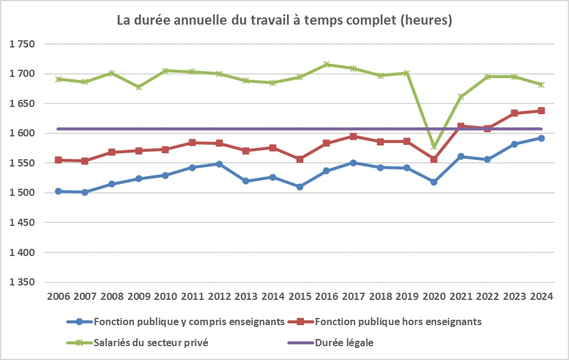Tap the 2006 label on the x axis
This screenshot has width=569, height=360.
(58, 297)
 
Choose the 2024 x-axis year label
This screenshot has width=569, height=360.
(541, 297)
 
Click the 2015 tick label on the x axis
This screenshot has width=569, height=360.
(300, 297)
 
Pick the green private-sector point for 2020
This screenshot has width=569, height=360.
(434, 147)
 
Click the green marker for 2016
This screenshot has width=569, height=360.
(326, 64)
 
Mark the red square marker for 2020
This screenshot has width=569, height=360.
(434, 159)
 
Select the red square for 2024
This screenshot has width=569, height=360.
(541, 111)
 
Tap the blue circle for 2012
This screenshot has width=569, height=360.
(219, 163)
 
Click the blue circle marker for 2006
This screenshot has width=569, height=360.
(58, 191)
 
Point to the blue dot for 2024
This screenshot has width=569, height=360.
(541, 138)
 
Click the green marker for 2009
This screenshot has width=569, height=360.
(139, 87)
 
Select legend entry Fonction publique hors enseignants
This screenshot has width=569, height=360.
(397, 322)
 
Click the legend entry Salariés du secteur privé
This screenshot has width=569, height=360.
(153, 343)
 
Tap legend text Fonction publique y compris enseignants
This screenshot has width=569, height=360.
(189, 322)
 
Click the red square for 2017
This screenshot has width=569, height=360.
(353, 136)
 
